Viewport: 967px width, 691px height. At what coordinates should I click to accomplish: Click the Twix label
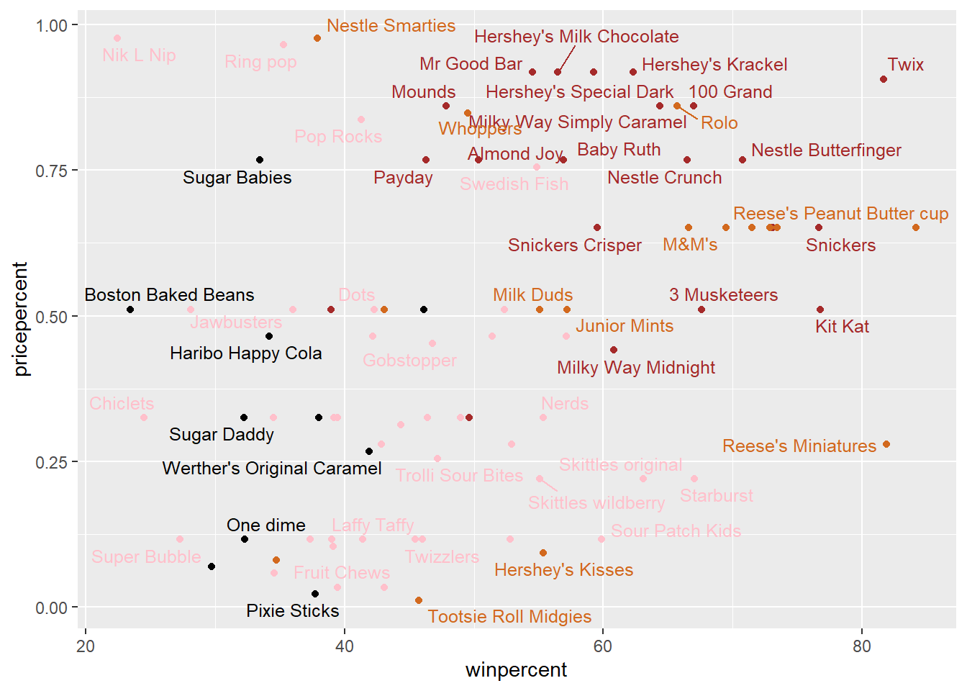pos(905,65)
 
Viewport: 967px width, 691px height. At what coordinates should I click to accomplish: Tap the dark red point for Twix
pos(884,79)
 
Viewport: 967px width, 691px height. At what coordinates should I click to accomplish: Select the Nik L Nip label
pos(139,55)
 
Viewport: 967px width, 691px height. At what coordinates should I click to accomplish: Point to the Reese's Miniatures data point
pos(886,444)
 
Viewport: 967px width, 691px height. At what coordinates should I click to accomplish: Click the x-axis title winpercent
pos(516,670)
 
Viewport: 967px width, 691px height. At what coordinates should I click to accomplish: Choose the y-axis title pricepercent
pos(21,318)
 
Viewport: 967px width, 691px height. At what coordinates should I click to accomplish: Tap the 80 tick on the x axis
pos(861,646)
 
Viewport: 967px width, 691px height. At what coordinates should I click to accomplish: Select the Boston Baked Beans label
pos(169,295)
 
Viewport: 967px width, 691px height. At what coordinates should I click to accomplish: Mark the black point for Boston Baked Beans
pos(130,310)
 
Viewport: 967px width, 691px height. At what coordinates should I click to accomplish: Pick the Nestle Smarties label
pos(391,26)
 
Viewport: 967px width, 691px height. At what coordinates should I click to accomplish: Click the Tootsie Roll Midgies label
pos(509,617)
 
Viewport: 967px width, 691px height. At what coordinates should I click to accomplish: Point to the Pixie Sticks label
pos(292,611)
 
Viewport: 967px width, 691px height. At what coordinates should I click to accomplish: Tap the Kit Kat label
pos(842,327)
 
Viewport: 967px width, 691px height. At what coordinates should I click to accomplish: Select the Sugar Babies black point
pos(260,160)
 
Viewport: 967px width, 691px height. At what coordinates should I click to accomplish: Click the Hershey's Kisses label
pos(563,570)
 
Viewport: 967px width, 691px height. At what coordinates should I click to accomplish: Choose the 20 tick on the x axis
pos(86,646)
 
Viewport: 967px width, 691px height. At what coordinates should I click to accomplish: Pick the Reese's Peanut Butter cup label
pos(840,214)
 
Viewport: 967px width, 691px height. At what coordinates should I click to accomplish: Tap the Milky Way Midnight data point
pos(614,350)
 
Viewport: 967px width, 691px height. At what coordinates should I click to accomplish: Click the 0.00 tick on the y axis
pos(51,608)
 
